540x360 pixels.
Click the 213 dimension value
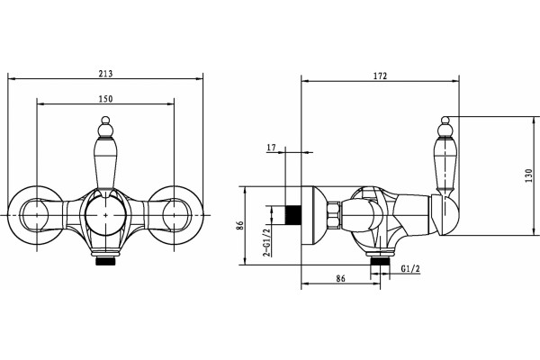click(105, 74)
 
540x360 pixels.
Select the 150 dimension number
click(105, 99)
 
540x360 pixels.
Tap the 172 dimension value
click(380, 76)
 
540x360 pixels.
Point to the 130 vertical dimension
click(529, 175)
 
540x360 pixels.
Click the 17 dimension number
click(272, 148)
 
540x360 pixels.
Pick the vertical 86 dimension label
click(240, 225)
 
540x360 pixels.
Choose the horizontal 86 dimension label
click(340, 278)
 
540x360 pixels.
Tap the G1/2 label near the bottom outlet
click(411, 269)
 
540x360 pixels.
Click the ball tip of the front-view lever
click(105, 120)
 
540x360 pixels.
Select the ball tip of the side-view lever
click(445, 120)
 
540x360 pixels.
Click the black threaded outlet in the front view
click(105, 261)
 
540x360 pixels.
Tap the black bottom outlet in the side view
click(380, 261)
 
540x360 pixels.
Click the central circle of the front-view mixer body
click(105, 215)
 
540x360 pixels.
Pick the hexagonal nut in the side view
click(334, 215)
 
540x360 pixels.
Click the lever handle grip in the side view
click(446, 164)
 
